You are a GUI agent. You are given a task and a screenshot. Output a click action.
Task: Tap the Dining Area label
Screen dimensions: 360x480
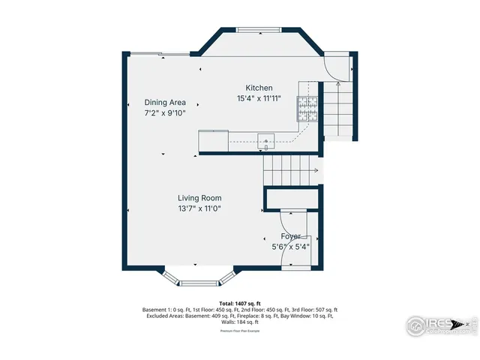(165, 103)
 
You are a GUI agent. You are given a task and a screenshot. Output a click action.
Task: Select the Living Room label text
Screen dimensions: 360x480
(199, 198)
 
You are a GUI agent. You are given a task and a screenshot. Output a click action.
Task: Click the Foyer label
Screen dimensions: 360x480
(290, 236)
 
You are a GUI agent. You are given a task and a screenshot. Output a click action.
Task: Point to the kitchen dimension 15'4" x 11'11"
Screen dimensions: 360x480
(259, 98)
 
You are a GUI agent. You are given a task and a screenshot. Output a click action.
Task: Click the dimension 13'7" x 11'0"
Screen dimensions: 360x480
(199, 208)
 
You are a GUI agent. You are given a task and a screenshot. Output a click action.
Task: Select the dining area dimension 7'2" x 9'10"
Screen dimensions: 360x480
(165, 113)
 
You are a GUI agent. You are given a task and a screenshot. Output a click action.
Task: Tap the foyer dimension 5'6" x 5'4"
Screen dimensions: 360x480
(290, 246)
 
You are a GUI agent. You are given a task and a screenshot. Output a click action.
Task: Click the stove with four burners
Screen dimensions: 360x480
(308, 110)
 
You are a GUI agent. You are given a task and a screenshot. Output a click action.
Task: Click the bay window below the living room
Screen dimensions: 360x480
(199, 281)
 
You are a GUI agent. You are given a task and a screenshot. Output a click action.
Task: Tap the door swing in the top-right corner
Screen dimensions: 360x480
(337, 69)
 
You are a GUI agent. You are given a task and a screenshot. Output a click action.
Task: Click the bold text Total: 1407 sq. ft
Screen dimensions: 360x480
(240, 304)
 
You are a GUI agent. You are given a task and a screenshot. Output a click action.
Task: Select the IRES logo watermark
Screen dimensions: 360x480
(439, 325)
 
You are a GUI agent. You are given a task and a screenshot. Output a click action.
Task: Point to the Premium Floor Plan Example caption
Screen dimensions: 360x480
(240, 330)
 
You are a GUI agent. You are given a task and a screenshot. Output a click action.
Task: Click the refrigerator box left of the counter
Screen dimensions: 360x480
(213, 141)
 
